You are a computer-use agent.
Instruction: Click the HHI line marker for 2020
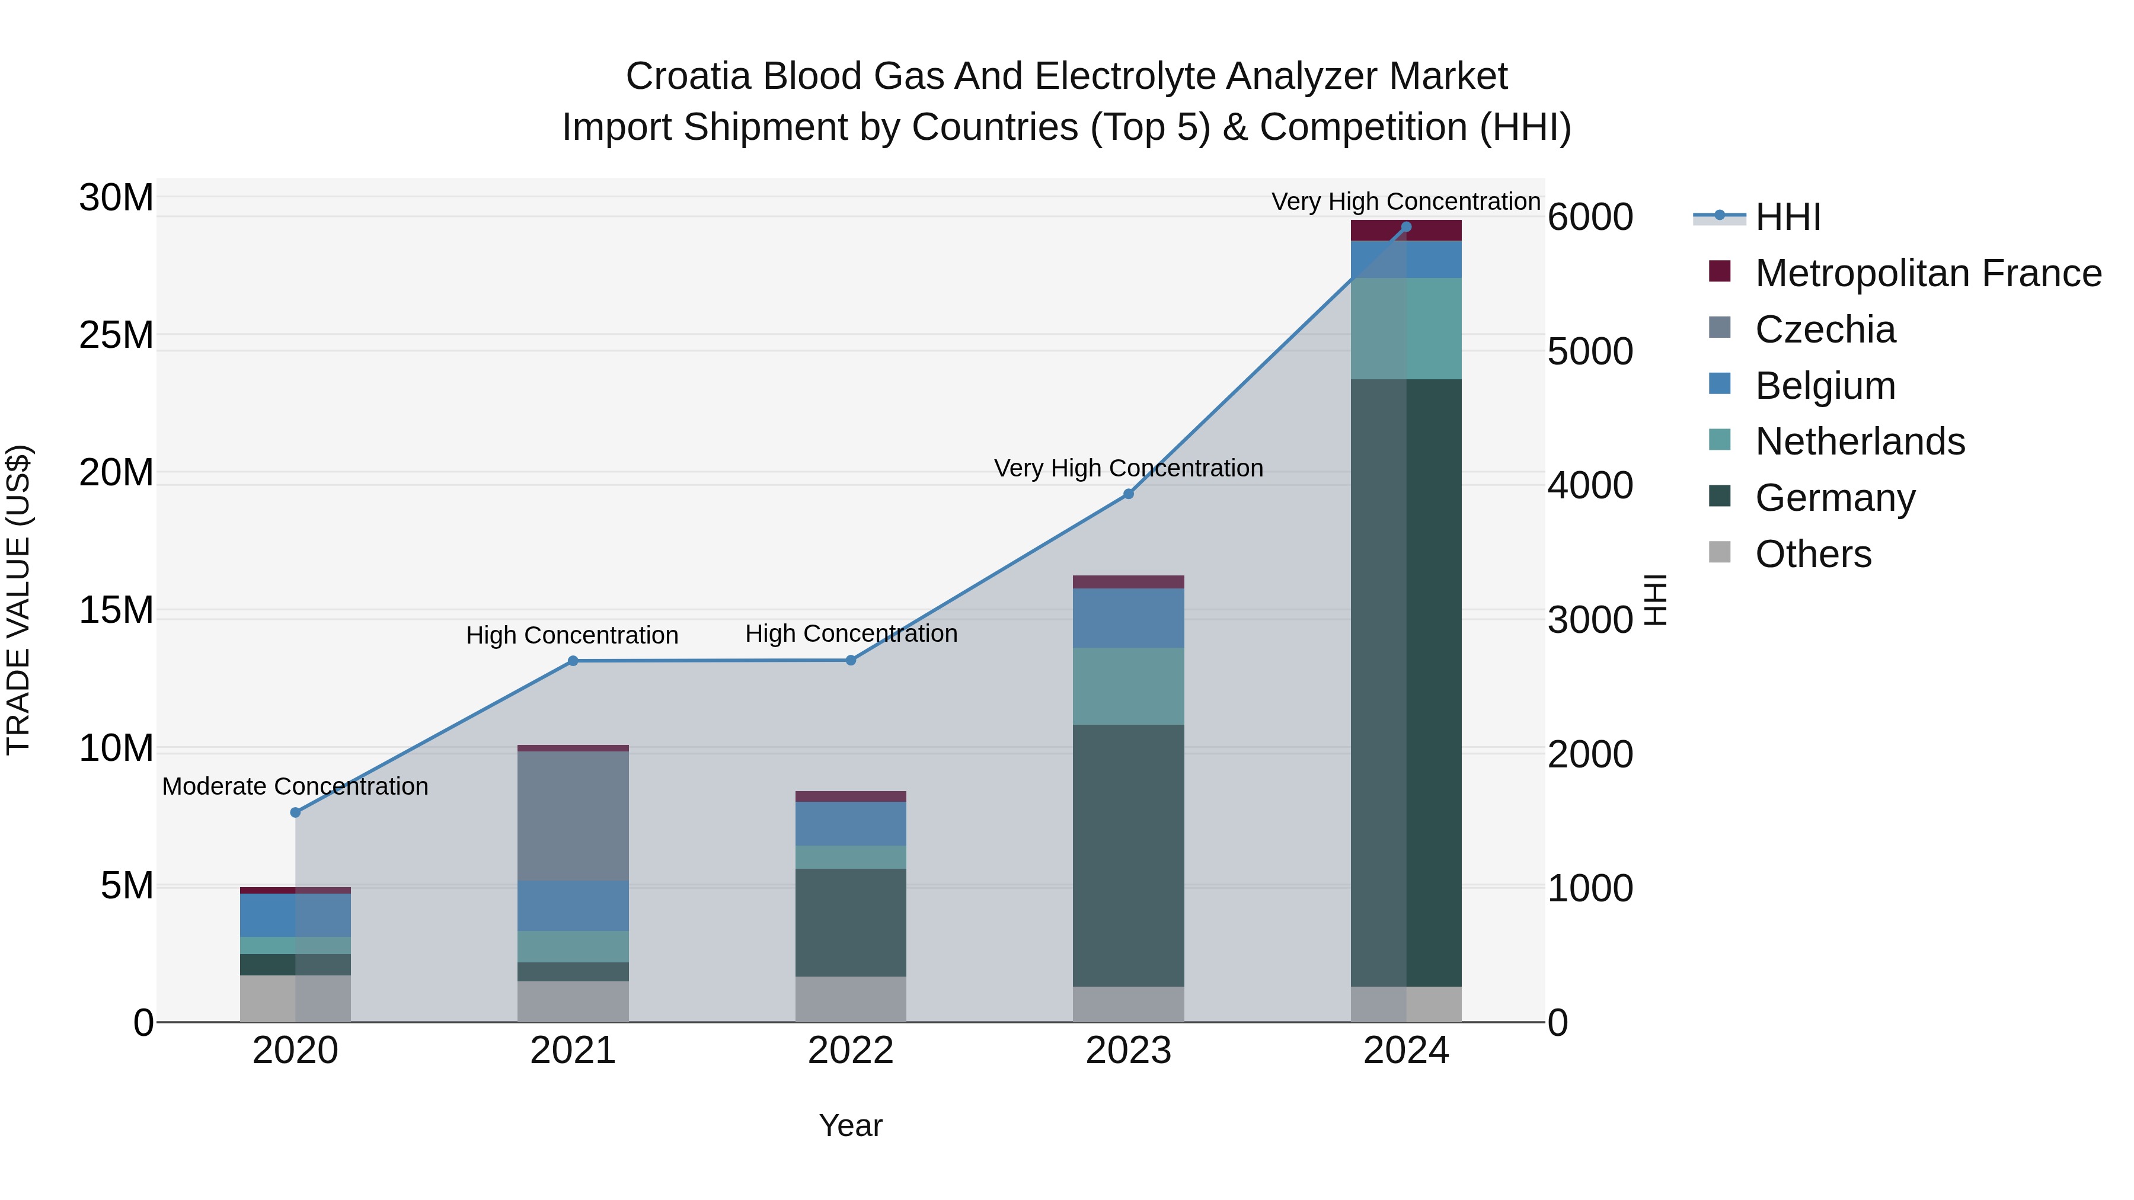pos(295,812)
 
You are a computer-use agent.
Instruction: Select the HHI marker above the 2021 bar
pos(573,661)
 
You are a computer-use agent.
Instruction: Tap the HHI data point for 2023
pos(1128,494)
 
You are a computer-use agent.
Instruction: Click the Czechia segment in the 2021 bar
pos(573,816)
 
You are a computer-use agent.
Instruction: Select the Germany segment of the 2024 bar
pos(1406,683)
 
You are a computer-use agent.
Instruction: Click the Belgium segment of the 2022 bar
pos(851,823)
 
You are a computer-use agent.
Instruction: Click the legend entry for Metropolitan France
pos(1928,273)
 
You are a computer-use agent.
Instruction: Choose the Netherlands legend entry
pos(1860,441)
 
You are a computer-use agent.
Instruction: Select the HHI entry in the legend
pos(1788,217)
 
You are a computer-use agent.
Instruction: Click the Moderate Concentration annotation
pos(295,786)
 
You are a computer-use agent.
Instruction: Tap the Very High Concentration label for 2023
pos(1128,468)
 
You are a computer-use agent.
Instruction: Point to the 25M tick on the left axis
pos(116,335)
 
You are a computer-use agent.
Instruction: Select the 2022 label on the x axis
pos(851,1051)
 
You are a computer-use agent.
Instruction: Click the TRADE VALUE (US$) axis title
pos(18,600)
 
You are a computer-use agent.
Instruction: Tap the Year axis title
pos(851,1125)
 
